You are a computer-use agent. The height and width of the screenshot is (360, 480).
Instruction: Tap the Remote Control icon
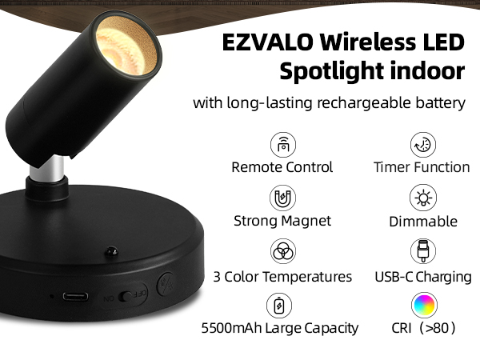tap(282, 145)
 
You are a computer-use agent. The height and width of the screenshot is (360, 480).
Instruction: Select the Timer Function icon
tap(422, 145)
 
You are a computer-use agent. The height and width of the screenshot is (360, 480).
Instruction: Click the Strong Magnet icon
tap(282, 198)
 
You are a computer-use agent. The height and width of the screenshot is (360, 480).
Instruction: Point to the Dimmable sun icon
tap(422, 198)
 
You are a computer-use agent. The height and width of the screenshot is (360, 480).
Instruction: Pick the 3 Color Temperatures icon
tap(282, 252)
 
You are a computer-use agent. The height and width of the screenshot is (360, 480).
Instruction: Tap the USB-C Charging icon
tap(422, 252)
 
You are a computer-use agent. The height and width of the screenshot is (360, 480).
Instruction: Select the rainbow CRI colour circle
tap(422, 305)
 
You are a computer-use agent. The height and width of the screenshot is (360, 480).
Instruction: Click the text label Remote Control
tap(282, 168)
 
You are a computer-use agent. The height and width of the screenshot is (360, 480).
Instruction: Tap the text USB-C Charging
tap(422, 277)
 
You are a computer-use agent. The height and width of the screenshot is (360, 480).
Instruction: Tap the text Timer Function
tap(422, 168)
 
